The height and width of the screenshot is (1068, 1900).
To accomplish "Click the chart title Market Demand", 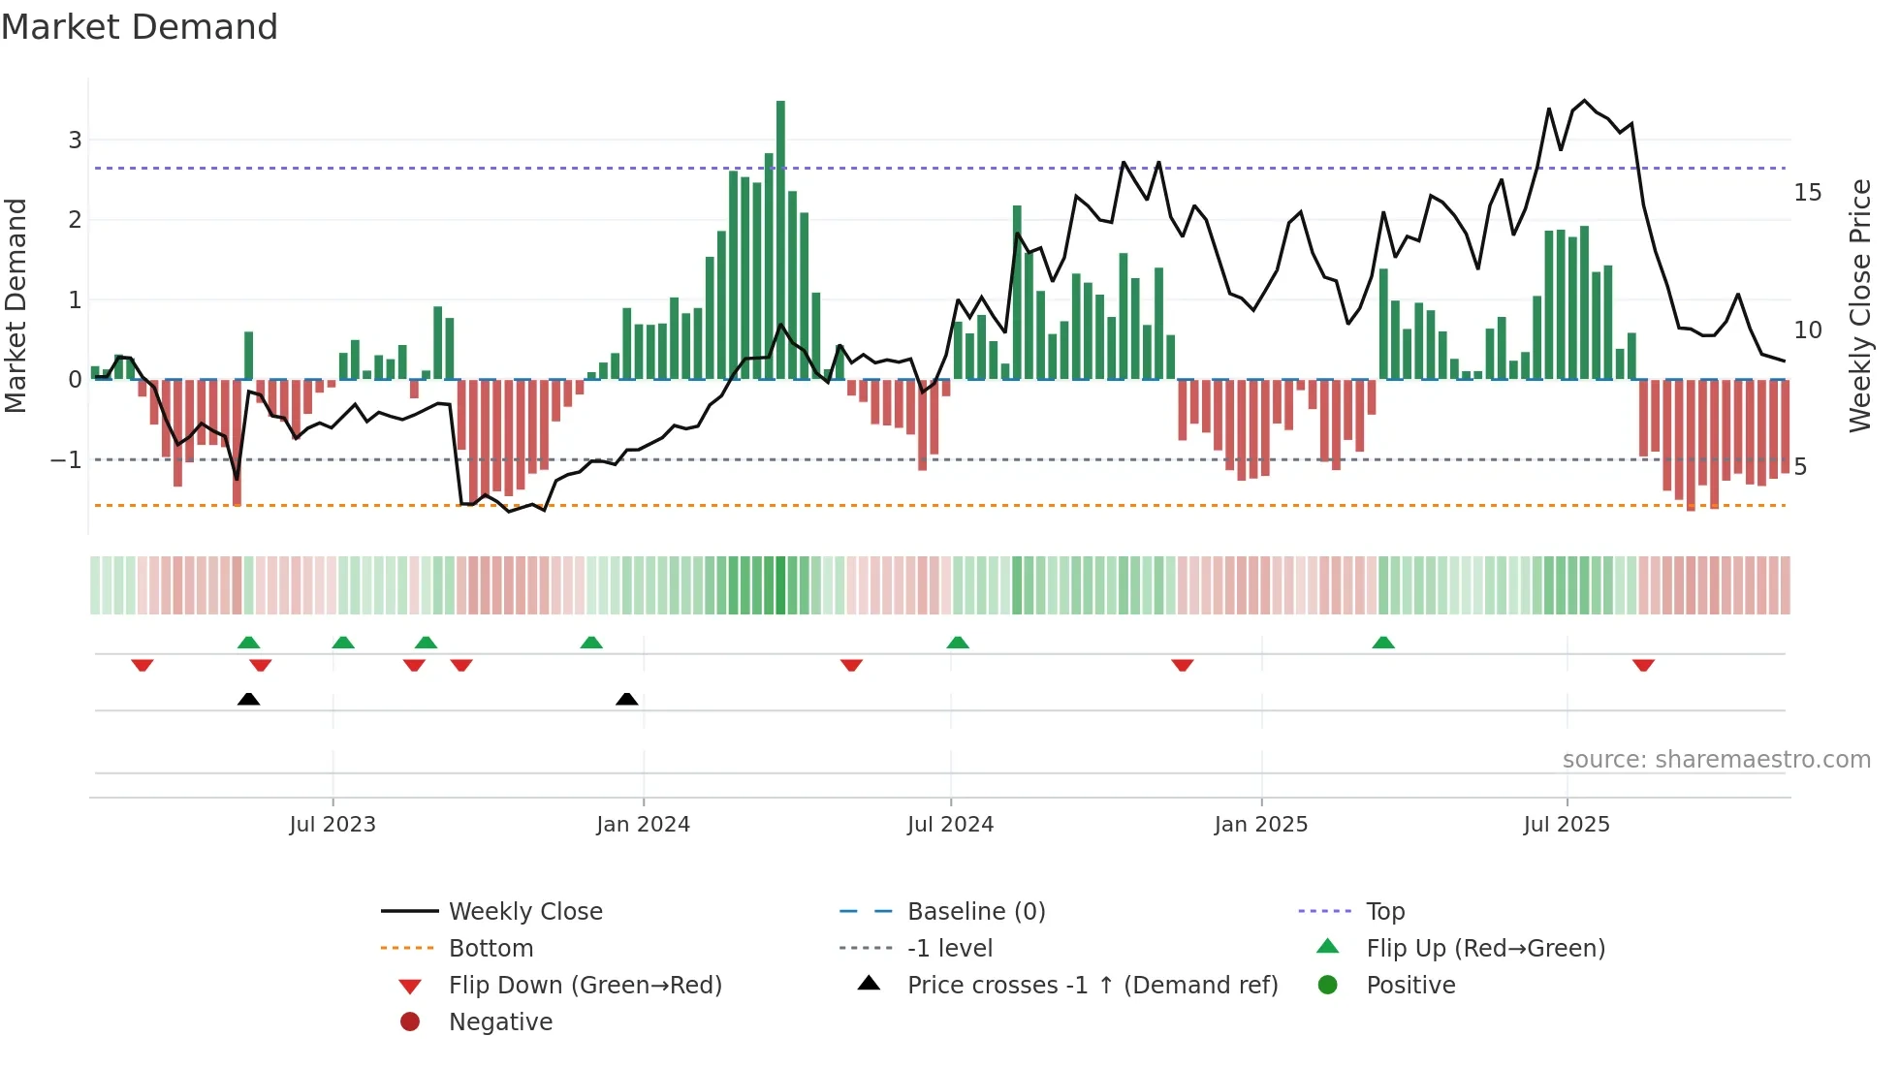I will tap(140, 27).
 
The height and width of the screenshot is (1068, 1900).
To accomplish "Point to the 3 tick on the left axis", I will tap(75, 141).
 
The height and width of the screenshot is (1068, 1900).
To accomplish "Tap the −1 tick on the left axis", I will tap(67, 460).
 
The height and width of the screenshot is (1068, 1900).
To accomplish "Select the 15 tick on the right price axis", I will tap(1807, 193).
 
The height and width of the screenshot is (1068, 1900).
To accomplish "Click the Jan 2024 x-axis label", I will tap(643, 825).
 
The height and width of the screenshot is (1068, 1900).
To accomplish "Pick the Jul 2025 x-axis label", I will tap(1566, 825).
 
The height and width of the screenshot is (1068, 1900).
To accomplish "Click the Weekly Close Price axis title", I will tap(1859, 305).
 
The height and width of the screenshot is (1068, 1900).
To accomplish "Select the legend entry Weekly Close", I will tap(524, 912).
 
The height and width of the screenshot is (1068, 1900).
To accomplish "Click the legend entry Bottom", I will tap(491, 949).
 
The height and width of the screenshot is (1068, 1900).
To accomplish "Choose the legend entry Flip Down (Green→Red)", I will tap(585, 986).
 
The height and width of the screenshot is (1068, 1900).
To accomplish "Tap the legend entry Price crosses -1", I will tap(1092, 986).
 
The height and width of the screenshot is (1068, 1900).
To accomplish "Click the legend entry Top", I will tap(1384, 912).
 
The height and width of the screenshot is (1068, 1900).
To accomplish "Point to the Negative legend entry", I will tap(500, 1022).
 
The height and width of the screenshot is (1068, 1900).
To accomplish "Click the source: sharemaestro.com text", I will tap(1716, 760).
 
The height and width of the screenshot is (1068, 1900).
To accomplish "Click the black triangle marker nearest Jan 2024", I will tap(627, 700).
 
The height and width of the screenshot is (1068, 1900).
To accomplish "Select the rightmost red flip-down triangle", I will tap(1643, 665).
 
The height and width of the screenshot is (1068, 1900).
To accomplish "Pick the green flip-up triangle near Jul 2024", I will tap(958, 643).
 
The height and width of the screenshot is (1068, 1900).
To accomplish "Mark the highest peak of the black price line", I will tap(1584, 101).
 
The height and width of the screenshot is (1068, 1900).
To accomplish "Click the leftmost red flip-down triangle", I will tap(142, 665).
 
